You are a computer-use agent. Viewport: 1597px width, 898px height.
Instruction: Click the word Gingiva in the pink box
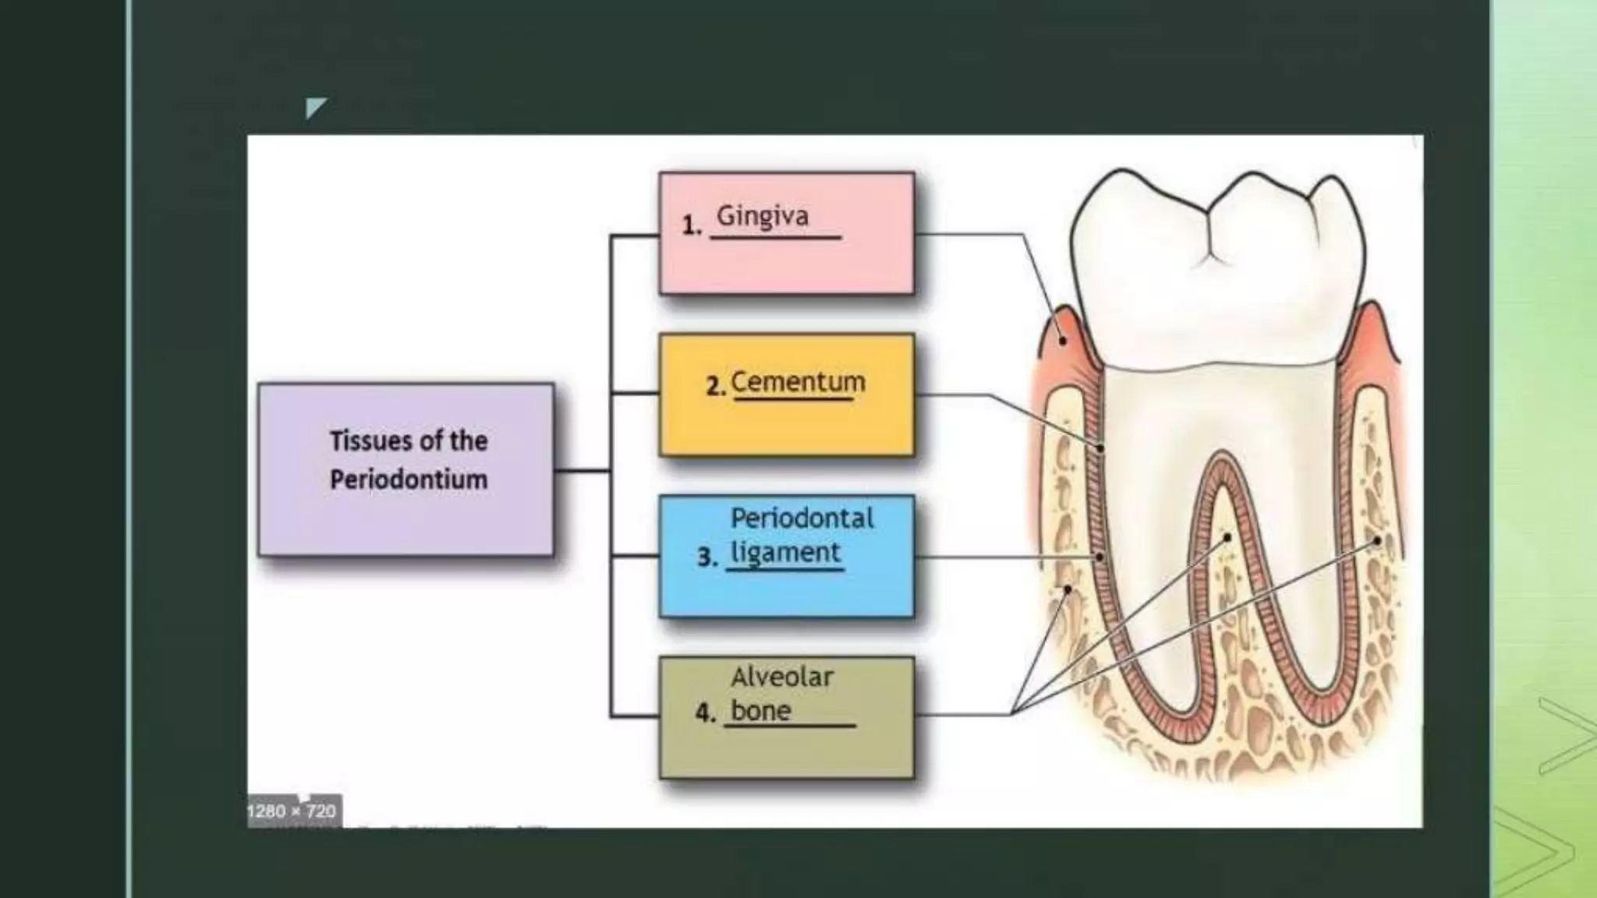762,216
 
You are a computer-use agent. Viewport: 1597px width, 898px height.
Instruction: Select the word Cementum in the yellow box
798,382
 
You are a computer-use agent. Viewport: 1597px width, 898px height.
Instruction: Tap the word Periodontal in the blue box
802,518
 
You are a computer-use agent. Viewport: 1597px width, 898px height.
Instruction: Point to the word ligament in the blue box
785,553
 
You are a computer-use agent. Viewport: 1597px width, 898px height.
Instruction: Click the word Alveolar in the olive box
782,677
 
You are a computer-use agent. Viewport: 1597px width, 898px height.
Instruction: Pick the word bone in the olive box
760,711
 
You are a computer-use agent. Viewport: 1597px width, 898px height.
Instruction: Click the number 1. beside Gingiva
691,226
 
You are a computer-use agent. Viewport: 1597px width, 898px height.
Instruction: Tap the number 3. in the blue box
707,557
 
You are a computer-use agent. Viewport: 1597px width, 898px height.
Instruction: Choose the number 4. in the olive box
705,712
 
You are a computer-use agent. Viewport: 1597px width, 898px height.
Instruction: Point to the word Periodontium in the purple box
409,479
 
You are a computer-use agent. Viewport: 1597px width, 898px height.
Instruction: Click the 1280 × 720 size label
292,811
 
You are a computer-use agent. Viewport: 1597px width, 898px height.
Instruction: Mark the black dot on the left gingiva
1062,341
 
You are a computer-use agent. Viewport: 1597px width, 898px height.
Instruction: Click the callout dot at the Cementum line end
1100,448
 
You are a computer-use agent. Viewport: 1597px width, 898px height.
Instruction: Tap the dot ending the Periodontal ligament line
1099,557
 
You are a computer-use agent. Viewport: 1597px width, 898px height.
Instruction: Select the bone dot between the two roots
1227,537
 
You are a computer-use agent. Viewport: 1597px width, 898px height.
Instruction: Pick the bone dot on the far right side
1377,539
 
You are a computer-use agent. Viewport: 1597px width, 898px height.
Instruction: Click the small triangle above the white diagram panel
314,107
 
